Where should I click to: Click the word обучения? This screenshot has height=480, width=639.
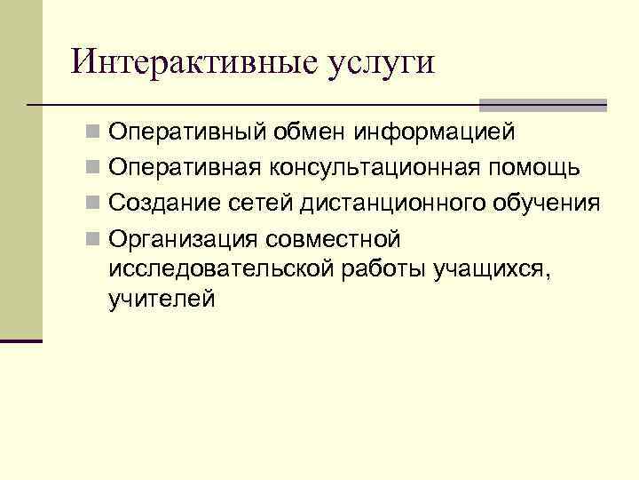[x=549, y=204]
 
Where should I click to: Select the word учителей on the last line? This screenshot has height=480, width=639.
[x=162, y=300]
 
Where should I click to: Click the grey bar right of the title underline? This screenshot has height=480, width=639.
[x=543, y=104]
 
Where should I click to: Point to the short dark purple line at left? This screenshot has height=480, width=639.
[x=21, y=340]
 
